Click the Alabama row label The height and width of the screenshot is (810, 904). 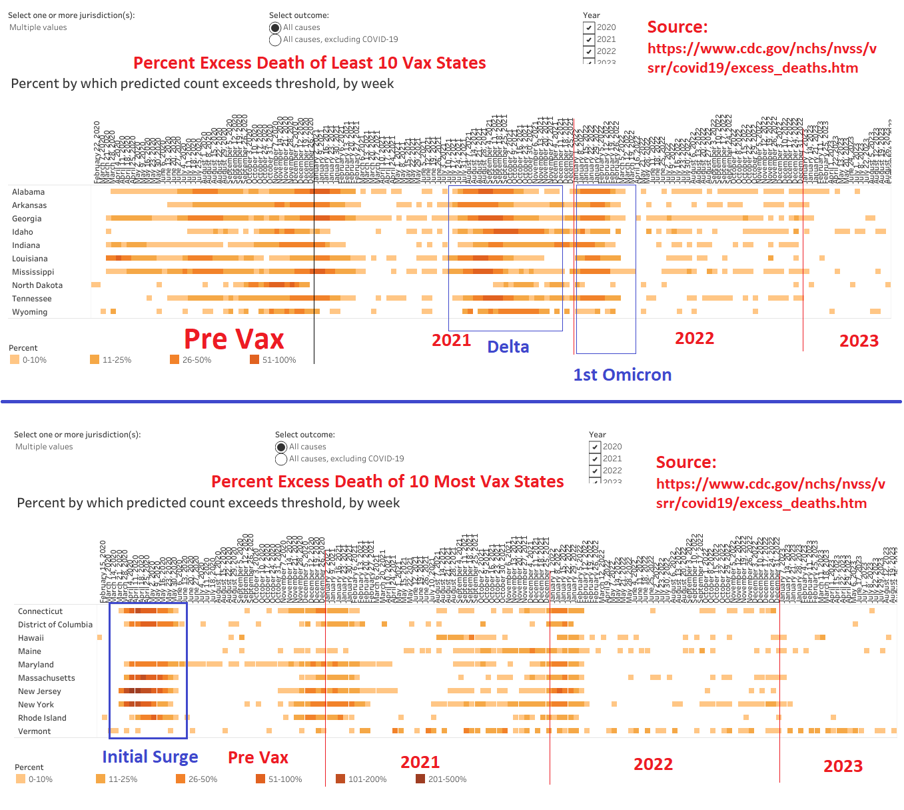click(x=28, y=192)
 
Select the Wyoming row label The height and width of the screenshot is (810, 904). click(x=29, y=312)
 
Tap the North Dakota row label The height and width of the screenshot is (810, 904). click(x=37, y=285)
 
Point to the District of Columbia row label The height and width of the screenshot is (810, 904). click(x=55, y=625)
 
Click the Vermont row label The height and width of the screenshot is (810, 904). click(x=34, y=731)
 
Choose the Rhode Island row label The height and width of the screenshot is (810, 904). click(x=42, y=718)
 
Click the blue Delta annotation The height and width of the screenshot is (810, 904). click(x=508, y=347)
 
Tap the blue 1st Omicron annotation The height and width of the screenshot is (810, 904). click(x=622, y=375)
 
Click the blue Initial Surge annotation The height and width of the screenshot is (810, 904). click(x=150, y=757)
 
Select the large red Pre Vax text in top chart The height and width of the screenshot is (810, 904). click(x=234, y=339)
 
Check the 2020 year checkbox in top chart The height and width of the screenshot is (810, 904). click(x=588, y=27)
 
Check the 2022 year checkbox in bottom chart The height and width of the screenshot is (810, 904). click(x=594, y=471)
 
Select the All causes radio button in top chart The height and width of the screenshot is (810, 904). click(x=274, y=28)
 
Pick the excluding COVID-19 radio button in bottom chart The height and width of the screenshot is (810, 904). click(x=281, y=459)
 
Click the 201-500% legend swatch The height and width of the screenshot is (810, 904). click(x=420, y=779)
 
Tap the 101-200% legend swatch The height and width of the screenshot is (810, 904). click(x=340, y=779)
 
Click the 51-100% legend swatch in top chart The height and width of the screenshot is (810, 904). click(x=254, y=360)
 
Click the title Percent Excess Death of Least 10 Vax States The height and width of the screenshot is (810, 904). click(x=309, y=63)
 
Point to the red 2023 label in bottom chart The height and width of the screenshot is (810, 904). click(x=843, y=766)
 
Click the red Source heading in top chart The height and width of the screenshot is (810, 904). click(x=678, y=27)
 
